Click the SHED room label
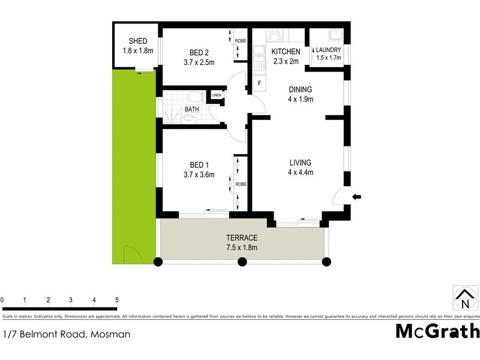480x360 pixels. pyautogui.click(x=138, y=41)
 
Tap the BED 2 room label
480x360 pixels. pyautogui.click(x=198, y=52)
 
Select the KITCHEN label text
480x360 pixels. pyautogui.click(x=286, y=52)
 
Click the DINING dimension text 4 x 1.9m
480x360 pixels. pyautogui.click(x=301, y=100)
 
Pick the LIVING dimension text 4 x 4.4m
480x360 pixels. pyautogui.click(x=301, y=173)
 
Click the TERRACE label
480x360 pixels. pyautogui.click(x=242, y=238)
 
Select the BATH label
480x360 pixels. pyautogui.click(x=191, y=109)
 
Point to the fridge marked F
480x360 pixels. pyautogui.click(x=259, y=83)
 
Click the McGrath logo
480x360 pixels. pyautogui.click(x=437, y=331)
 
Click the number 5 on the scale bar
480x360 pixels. pyautogui.click(x=117, y=299)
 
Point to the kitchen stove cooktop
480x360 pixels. pyautogui.click(x=275, y=35)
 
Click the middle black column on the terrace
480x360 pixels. pyautogui.click(x=242, y=262)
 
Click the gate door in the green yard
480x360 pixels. pyautogui.click(x=131, y=254)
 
